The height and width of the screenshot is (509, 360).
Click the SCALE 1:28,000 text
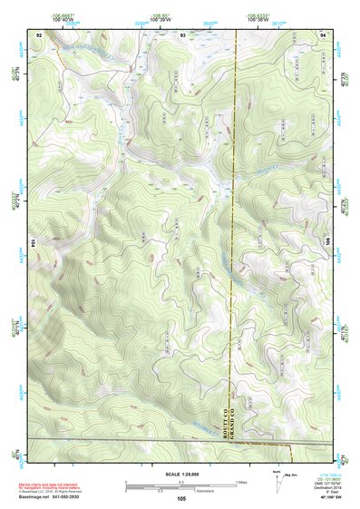click(181, 475)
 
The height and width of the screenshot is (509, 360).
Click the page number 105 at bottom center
click(181, 499)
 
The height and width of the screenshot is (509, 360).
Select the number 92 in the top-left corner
click(39, 33)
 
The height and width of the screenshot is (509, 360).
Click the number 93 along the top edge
click(183, 33)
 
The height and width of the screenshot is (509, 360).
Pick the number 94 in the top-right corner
click(324, 33)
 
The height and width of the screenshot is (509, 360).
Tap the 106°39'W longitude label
click(161, 16)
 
